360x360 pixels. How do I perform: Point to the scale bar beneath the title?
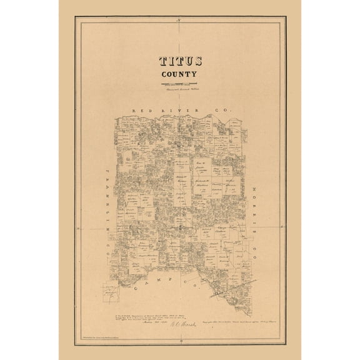[178, 84]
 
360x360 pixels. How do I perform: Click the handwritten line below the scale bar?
[178, 89]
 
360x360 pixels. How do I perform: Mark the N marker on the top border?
[179, 23]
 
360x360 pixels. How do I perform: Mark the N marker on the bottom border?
[180, 337]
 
